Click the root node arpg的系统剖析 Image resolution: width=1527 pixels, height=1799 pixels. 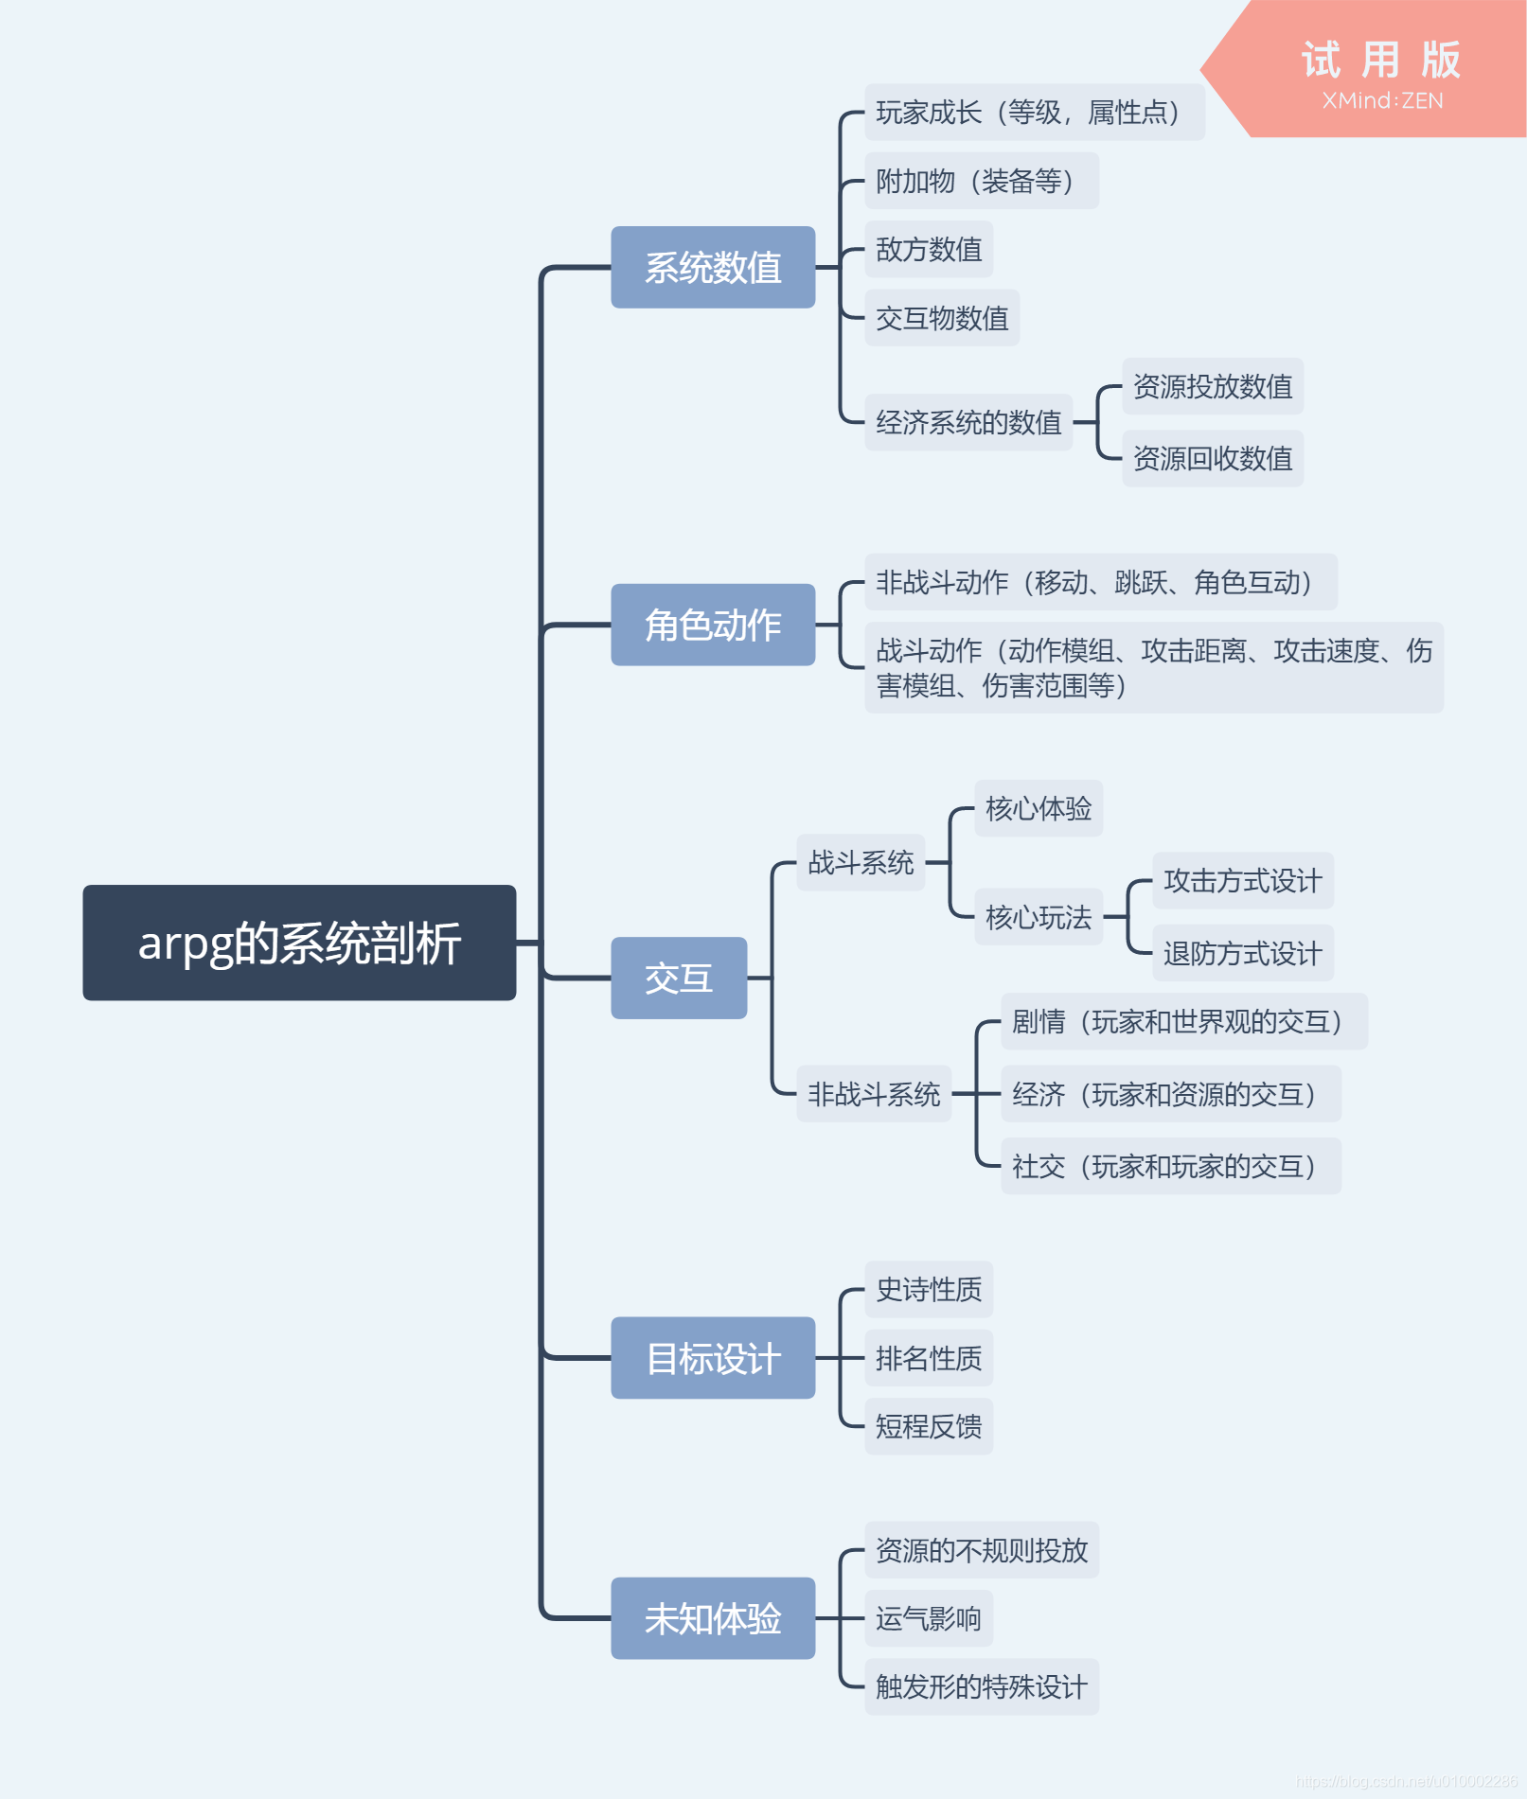coord(299,943)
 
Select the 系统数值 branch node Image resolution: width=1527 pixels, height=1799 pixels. coord(713,268)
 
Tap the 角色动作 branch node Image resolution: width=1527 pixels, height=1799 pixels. coord(713,625)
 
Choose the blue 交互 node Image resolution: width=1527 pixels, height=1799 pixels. coord(679,978)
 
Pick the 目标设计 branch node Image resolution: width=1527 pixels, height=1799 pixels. coord(713,1358)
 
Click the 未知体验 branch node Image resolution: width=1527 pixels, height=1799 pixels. coord(713,1618)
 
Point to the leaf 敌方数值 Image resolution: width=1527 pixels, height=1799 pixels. coord(929,250)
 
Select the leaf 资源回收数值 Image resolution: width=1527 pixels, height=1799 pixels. coord(1213,459)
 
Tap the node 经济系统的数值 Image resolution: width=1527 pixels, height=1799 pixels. coord(968,422)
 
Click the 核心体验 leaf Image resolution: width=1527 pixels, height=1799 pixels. coord(1039,809)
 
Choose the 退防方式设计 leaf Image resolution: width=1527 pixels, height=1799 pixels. coord(1243,953)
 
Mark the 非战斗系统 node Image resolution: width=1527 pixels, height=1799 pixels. coord(874,1094)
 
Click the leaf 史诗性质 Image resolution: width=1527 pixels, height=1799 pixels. coord(929,1289)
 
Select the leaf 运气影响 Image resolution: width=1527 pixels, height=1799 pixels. coord(929,1618)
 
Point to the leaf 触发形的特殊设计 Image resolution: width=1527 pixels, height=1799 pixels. coord(982,1686)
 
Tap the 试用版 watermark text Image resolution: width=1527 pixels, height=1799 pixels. coord(1381,61)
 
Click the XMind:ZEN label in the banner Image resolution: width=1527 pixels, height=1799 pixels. coord(1382,101)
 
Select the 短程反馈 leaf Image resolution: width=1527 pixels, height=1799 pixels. coord(929,1426)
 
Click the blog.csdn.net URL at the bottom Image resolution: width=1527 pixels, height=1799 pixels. coord(1406,1781)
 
